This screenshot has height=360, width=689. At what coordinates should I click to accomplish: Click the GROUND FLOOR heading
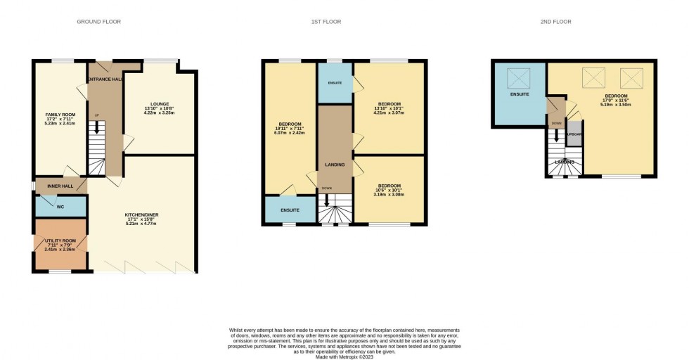click(98, 22)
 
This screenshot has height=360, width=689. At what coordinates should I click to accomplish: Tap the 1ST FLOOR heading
click(326, 22)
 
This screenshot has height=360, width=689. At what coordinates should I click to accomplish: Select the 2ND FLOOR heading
click(556, 22)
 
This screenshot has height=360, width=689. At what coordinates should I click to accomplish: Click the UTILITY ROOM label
click(60, 240)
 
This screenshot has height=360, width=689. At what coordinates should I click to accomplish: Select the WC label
click(60, 207)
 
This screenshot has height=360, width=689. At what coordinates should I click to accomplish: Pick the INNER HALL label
click(60, 186)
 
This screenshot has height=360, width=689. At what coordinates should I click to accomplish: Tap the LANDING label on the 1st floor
click(335, 165)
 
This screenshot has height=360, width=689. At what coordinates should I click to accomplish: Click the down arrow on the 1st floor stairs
click(326, 200)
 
